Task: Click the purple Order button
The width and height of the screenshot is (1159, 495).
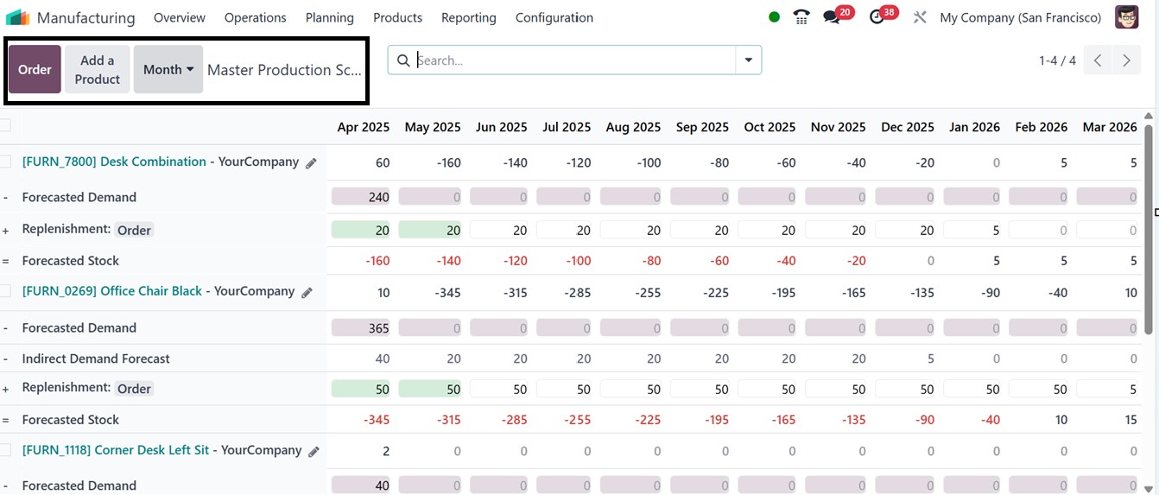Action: pyautogui.click(x=35, y=69)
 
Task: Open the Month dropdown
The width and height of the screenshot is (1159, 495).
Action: pyautogui.click(x=168, y=69)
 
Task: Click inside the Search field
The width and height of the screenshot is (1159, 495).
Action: pyautogui.click(x=570, y=60)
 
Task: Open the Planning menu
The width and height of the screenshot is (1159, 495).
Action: pyautogui.click(x=329, y=17)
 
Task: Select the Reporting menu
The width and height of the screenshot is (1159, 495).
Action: pyautogui.click(x=468, y=17)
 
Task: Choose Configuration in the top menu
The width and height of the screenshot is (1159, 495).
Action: pyautogui.click(x=554, y=17)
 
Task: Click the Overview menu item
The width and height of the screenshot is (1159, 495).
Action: pyautogui.click(x=180, y=17)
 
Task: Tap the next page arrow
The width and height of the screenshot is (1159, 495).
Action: pyautogui.click(x=1126, y=60)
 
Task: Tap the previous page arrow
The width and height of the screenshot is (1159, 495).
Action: pyautogui.click(x=1097, y=60)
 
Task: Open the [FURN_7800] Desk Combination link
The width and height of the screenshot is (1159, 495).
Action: pyautogui.click(x=114, y=162)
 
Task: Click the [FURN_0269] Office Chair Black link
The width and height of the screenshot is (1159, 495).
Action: pyautogui.click(x=111, y=291)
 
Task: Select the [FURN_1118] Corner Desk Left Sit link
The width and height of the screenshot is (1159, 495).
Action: pyautogui.click(x=115, y=450)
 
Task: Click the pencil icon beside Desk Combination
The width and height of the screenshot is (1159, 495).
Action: pyautogui.click(x=311, y=162)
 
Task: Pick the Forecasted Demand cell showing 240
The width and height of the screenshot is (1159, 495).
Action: pyautogui.click(x=361, y=197)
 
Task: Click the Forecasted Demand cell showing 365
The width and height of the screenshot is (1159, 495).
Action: pyautogui.click(x=361, y=328)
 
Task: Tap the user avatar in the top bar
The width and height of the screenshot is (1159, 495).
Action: pyautogui.click(x=1126, y=17)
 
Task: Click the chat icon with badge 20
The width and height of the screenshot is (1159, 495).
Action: pyautogui.click(x=832, y=17)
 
